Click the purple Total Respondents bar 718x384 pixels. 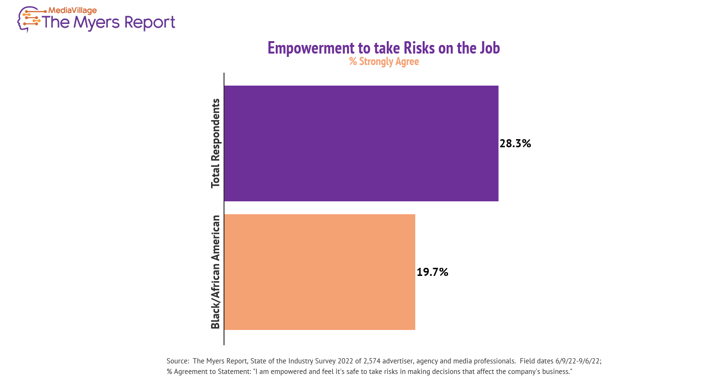click(x=361, y=143)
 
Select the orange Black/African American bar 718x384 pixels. click(x=320, y=272)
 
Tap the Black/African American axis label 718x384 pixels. click(x=215, y=272)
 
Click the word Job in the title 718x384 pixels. click(x=490, y=49)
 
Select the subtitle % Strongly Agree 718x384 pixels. click(x=384, y=62)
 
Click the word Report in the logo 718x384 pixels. click(x=150, y=23)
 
